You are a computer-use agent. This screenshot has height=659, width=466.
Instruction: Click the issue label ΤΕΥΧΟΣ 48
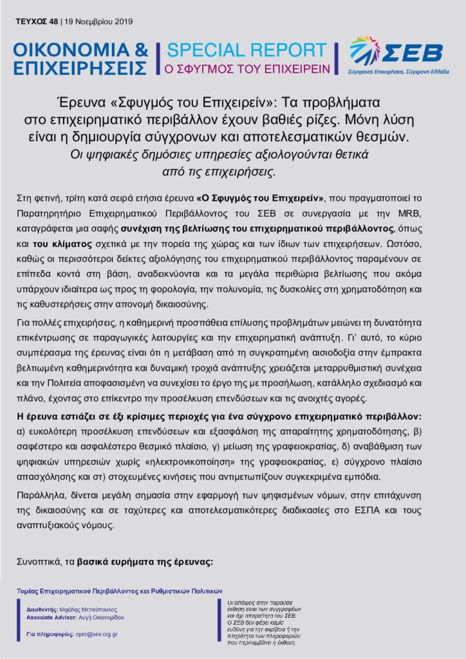36,21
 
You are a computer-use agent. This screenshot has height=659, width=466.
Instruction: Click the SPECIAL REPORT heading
247,51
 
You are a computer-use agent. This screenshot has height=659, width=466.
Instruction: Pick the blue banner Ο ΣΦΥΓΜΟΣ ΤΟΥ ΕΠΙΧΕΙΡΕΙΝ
248,68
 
